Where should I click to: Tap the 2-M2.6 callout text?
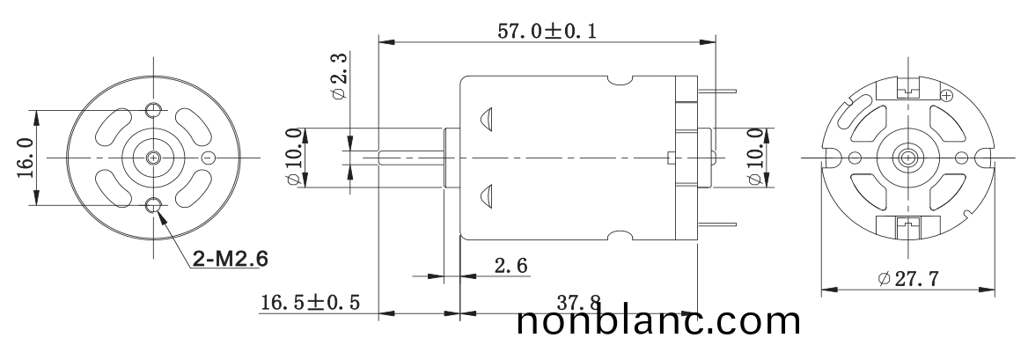(230, 259)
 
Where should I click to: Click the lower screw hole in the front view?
(154, 206)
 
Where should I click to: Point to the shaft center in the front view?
(154, 158)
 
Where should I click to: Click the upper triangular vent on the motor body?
(486, 119)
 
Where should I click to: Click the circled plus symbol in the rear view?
(946, 95)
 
